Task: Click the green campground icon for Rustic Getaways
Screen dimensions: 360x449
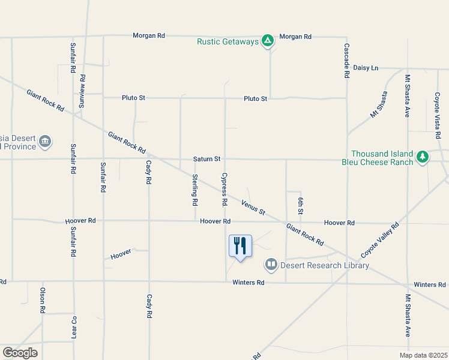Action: pyautogui.click(x=268, y=41)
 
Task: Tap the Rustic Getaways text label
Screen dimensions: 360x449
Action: pyautogui.click(x=228, y=41)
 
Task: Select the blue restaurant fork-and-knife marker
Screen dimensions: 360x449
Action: pyautogui.click(x=240, y=245)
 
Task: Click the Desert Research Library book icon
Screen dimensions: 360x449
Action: pyautogui.click(x=271, y=264)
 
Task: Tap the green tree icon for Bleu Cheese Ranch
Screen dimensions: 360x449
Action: pyautogui.click(x=423, y=157)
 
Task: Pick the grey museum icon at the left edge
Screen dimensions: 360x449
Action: pyautogui.click(x=45, y=142)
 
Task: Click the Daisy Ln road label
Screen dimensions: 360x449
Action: pyautogui.click(x=366, y=68)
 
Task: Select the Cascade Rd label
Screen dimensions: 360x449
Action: pyautogui.click(x=346, y=61)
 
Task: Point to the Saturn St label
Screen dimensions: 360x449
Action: pyautogui.click(x=207, y=159)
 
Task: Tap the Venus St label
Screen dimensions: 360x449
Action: pyautogui.click(x=253, y=207)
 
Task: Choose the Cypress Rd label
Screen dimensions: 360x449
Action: pyautogui.click(x=224, y=190)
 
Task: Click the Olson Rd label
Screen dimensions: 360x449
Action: pyautogui.click(x=43, y=301)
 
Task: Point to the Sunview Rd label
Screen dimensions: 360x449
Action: pyautogui.click(x=83, y=91)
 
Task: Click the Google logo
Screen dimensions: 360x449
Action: pyautogui.click(x=20, y=352)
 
